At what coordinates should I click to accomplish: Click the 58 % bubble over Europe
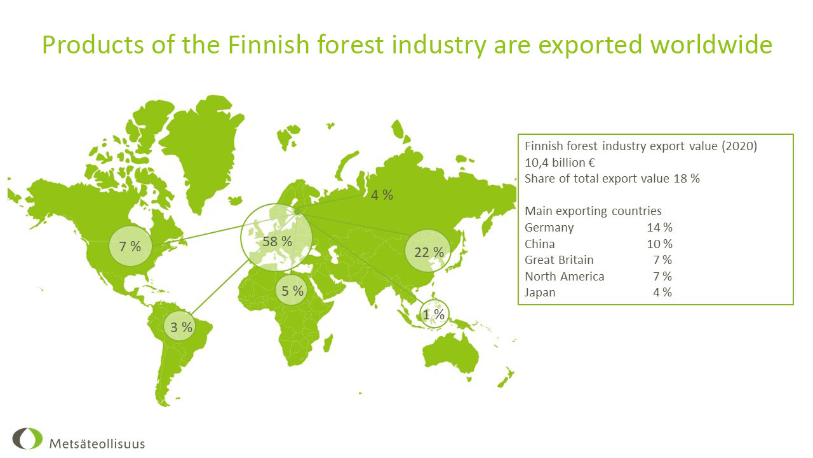point(276,238)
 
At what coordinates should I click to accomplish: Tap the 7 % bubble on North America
point(130,246)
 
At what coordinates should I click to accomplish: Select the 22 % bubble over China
point(428,251)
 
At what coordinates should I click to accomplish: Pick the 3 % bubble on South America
point(181,326)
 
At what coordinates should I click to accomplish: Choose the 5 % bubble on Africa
point(292,290)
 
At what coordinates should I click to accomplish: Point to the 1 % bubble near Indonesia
point(434,314)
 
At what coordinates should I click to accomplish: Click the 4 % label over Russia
point(382,195)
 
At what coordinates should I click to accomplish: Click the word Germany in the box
point(549,228)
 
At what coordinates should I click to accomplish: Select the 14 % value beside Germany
point(659,228)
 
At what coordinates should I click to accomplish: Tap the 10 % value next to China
point(659,244)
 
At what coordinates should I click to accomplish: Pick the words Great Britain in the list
point(559,260)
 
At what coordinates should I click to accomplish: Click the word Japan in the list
point(540,293)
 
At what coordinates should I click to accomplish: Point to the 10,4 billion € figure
point(560,163)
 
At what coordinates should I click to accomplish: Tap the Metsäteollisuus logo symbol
point(27,438)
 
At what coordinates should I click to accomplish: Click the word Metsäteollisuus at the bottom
point(97,444)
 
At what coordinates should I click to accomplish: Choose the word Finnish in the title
point(268,45)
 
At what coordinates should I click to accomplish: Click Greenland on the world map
point(202,149)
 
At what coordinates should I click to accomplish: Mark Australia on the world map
point(451,352)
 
